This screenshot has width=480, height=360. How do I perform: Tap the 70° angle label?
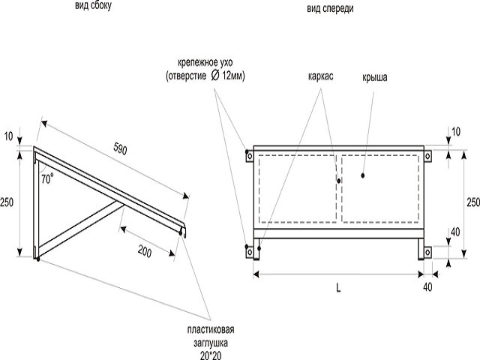click(47, 179)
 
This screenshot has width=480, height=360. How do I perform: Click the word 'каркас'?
click(320, 77)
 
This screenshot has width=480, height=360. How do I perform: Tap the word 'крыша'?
click(374, 77)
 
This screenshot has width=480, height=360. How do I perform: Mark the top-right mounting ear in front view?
click(428, 157)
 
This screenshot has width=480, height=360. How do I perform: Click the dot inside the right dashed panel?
click(362, 176)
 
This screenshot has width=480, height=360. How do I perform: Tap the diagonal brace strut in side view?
click(79, 228)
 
